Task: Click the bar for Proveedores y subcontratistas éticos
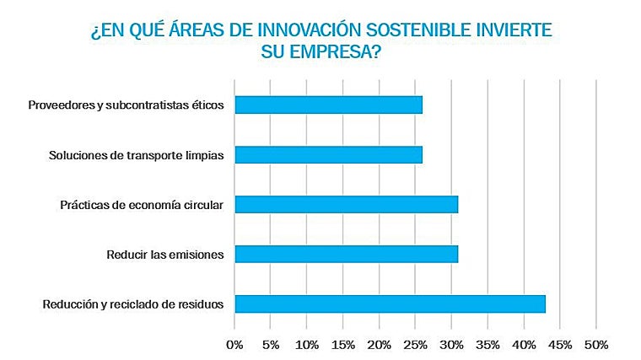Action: [x=328, y=105]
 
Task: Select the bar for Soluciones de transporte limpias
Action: [x=328, y=155]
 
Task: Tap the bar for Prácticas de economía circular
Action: [x=346, y=205]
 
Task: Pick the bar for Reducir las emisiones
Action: [x=346, y=254]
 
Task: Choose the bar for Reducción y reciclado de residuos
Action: [x=390, y=304]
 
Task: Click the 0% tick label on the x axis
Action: [x=234, y=344]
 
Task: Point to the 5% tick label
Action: [x=271, y=344]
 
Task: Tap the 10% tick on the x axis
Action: [x=307, y=344]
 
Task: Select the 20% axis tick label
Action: [x=380, y=344]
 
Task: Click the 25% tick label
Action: [x=416, y=344]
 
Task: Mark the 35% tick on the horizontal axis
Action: [x=488, y=344]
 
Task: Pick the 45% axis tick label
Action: [x=560, y=344]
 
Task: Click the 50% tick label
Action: [x=596, y=344]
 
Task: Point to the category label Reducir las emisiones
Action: [x=164, y=254]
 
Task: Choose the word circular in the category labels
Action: [x=203, y=205]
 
